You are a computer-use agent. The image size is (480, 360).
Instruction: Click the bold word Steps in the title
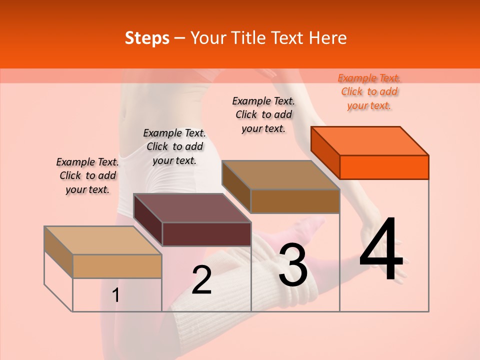coord(147,38)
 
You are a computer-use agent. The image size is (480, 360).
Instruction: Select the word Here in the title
coord(328,38)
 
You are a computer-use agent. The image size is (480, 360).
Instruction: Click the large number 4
coord(381,250)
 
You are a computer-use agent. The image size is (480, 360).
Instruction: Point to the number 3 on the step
coord(293,265)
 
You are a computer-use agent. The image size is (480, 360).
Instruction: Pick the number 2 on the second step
coord(201,280)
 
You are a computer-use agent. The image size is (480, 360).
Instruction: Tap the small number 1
coord(116,295)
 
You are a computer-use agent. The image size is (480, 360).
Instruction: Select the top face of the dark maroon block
coord(192,207)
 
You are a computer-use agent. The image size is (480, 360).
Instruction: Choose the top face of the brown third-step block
coord(281,174)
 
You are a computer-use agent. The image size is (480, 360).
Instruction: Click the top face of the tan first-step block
coord(103,240)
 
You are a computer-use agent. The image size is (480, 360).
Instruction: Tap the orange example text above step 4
coord(369,91)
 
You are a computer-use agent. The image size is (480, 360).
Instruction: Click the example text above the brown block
coord(263,114)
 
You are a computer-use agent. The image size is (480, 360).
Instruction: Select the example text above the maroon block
coord(174,146)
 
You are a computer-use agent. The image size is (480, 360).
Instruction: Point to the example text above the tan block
coord(87,175)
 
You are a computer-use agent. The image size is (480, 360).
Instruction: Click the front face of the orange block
coord(384,167)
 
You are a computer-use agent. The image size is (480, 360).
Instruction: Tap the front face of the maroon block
coord(206,234)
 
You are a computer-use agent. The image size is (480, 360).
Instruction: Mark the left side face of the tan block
coord(58,252)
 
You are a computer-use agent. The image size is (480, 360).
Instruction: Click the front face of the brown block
coord(295,201)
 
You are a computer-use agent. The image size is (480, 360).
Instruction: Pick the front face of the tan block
coord(117,266)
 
